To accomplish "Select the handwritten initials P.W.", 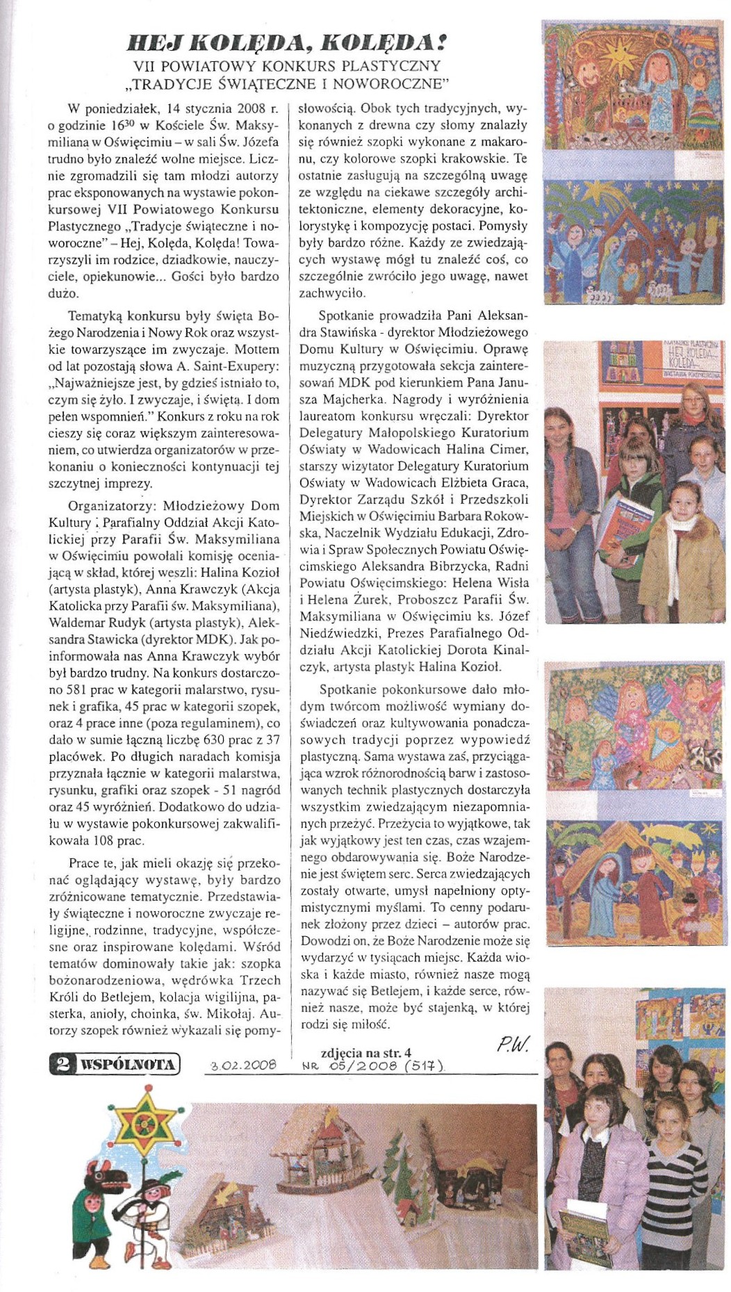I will point(514,1043).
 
